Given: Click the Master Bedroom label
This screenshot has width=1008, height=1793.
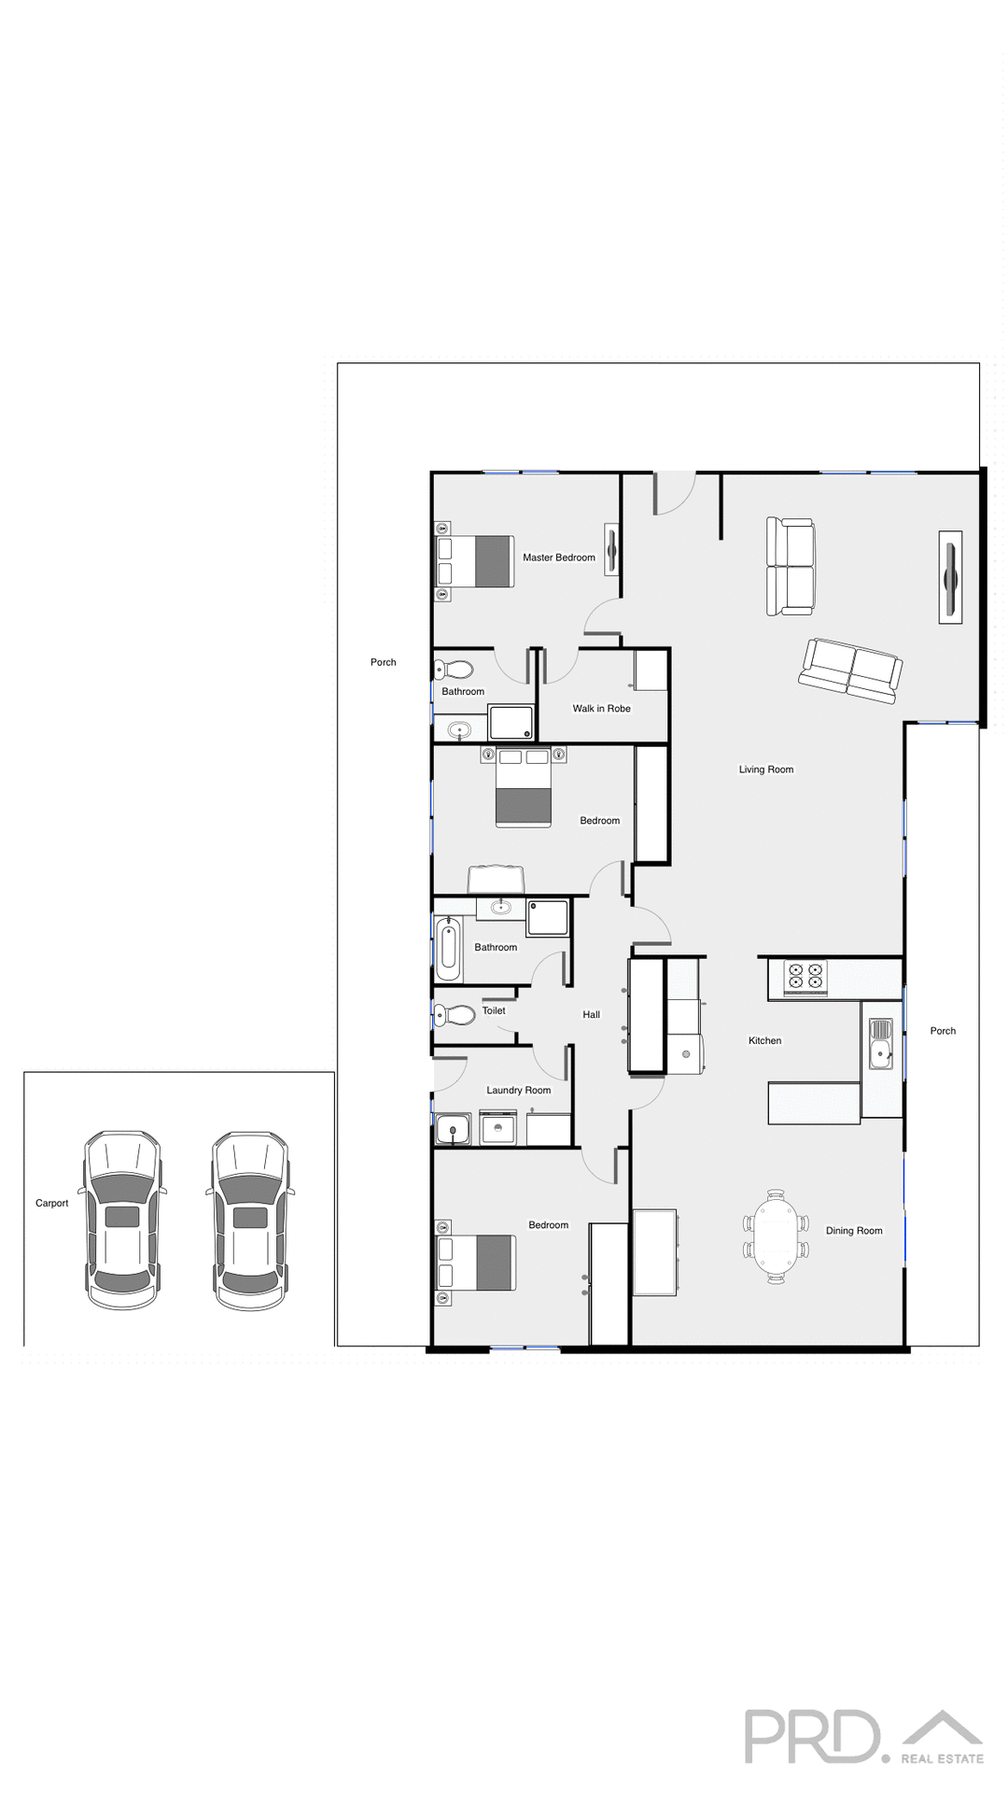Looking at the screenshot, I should point(558,558).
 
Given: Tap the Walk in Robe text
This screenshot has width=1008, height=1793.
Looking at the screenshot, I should point(601,709).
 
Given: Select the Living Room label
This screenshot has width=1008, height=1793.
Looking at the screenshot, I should point(765,769).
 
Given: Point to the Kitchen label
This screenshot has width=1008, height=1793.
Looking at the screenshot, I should point(764,1040).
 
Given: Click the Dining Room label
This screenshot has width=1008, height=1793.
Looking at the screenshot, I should point(853,1231).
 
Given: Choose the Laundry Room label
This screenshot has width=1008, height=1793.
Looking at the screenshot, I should point(518,1090).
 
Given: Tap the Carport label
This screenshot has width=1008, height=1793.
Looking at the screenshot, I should point(52,1203).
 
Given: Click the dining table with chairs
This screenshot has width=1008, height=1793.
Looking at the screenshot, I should point(776,1237).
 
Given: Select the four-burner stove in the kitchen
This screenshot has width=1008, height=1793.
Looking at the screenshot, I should point(805,976).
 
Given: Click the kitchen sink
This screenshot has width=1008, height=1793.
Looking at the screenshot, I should point(880,1043).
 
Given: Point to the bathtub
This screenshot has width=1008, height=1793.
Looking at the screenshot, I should point(448,948).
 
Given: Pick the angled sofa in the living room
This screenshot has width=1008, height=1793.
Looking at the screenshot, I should point(850,670).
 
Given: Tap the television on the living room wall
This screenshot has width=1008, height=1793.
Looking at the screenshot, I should point(950,577).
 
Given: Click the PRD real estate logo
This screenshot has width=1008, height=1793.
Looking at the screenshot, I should point(863,1736).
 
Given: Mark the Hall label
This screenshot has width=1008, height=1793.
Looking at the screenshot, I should point(591,1014).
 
